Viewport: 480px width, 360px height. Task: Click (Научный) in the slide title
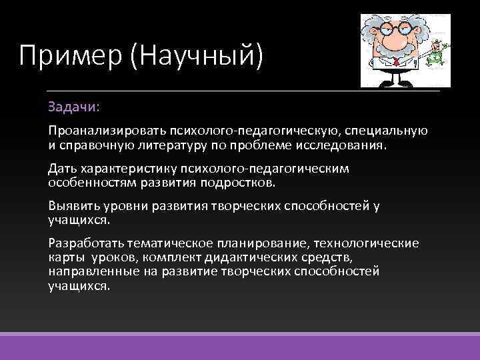[199, 55]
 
